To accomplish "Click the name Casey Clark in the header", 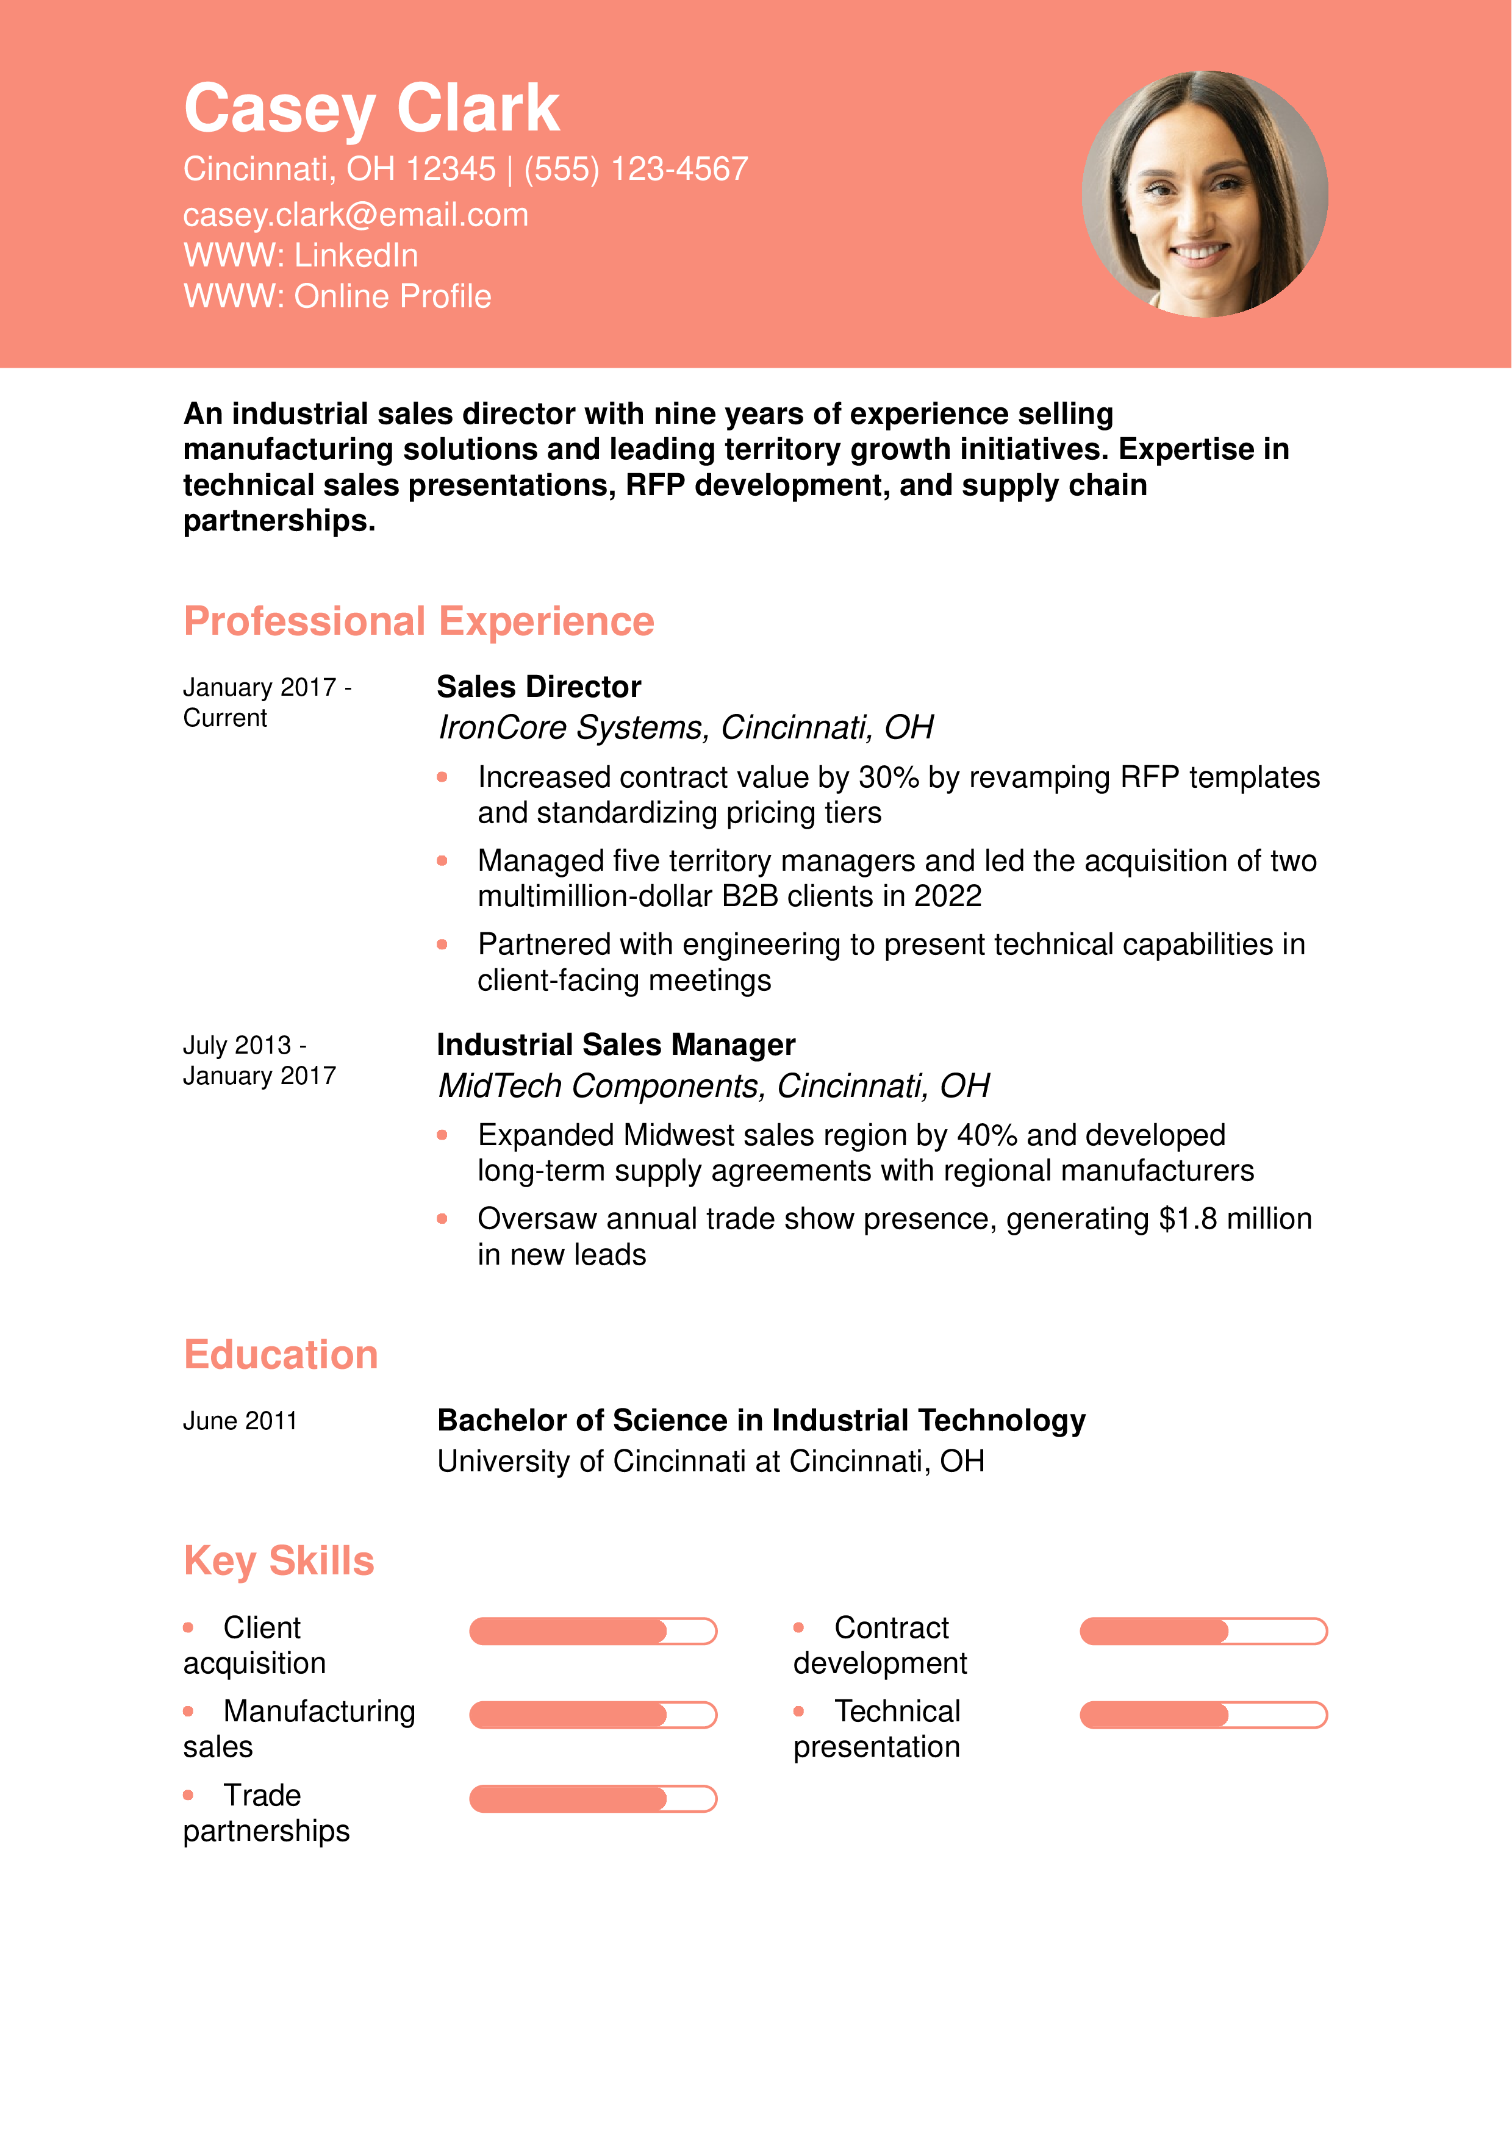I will (371, 108).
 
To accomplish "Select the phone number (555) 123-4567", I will (636, 169).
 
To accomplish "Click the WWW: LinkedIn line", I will (300, 255).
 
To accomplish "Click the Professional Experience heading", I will (418, 621).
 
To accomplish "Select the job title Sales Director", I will (539, 687).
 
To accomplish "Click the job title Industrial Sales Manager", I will (616, 1045).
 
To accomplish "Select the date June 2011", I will (240, 1421).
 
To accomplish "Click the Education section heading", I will (281, 1355).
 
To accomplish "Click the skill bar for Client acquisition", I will (592, 1631).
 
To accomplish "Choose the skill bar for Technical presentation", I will (1203, 1715).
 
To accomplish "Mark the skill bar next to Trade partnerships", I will (592, 1799).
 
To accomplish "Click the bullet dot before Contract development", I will (798, 1627).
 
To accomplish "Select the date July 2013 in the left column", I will (237, 1045).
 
